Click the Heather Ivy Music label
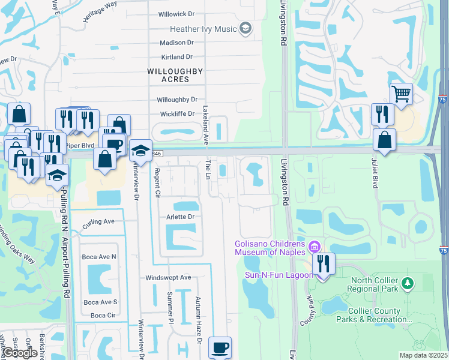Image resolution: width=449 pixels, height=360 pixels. point(203,28)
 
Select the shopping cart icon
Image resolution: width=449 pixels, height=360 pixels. point(401,94)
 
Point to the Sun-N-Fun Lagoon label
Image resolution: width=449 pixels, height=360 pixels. point(279,275)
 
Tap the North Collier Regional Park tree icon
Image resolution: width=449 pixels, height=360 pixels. point(408,282)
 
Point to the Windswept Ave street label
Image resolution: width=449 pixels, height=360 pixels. point(168,278)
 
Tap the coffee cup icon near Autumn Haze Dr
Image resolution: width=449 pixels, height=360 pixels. point(219,347)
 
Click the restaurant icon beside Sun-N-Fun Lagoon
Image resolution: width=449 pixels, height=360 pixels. point(323,263)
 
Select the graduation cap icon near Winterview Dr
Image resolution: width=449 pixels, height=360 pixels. point(140,151)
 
